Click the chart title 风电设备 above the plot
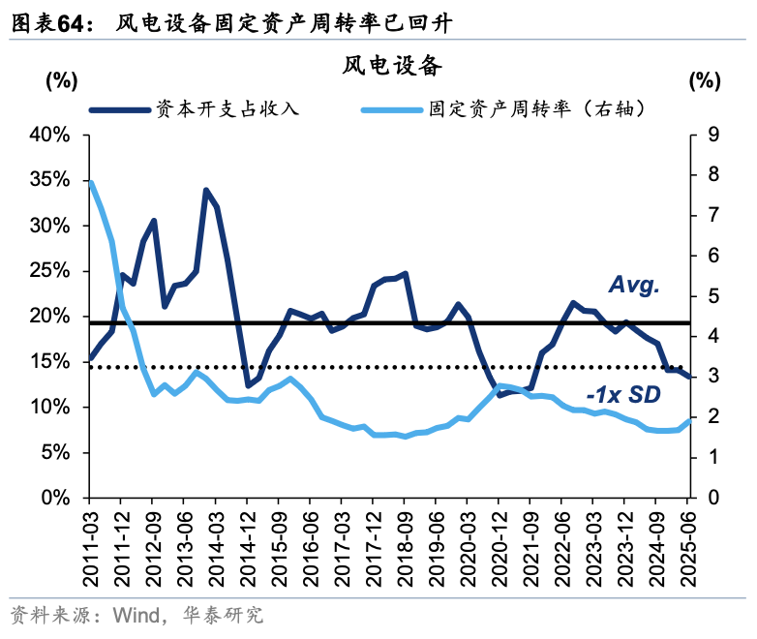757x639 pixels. (x=391, y=66)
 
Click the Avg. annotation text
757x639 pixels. (x=633, y=285)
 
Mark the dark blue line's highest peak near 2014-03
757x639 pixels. (x=206, y=190)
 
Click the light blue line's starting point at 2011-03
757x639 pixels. (x=90, y=181)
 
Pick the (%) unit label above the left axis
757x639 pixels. (x=61, y=81)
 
